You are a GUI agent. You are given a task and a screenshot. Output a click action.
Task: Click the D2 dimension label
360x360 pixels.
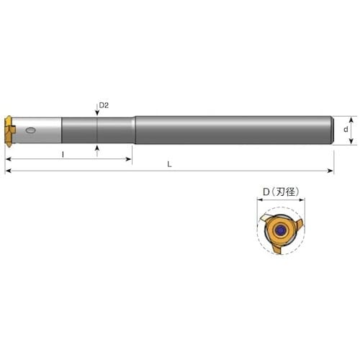point(103,105)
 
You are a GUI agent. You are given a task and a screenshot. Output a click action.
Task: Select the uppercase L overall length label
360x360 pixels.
point(169,163)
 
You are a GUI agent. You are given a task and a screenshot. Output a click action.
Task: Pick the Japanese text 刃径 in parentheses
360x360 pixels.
point(284,192)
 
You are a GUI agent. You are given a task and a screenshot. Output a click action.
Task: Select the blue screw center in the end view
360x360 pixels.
point(278,230)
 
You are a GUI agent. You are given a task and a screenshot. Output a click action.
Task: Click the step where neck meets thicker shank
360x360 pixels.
point(133,130)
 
